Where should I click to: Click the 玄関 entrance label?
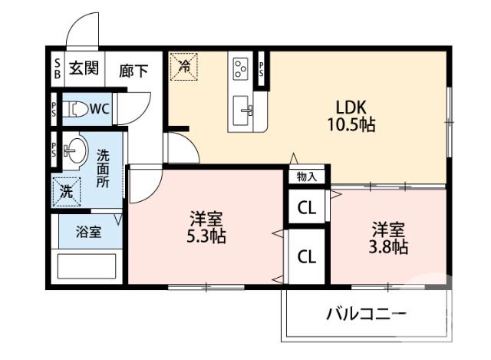84,69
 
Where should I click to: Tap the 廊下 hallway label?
133,71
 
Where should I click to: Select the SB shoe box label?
57,69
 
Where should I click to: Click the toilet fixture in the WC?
72,109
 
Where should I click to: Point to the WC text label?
100,109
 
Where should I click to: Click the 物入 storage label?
307,176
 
